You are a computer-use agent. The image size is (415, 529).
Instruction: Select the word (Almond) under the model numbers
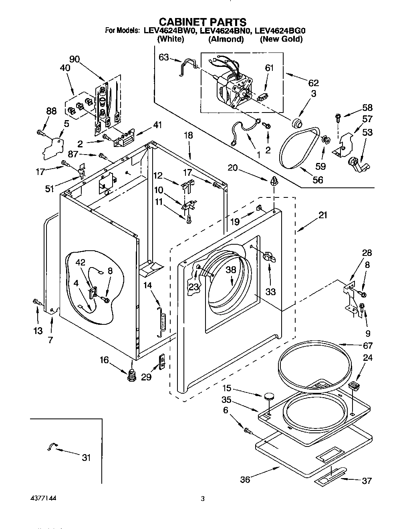[226, 39]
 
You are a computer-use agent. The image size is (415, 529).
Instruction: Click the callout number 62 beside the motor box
[314, 83]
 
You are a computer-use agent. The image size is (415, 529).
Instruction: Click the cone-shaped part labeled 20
[274, 181]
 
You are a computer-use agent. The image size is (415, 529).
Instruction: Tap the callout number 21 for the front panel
[323, 215]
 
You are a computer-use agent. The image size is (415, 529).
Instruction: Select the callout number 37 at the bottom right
[367, 481]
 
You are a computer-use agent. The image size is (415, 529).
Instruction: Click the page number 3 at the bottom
[203, 499]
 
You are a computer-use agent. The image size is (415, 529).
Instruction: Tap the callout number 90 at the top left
[75, 59]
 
